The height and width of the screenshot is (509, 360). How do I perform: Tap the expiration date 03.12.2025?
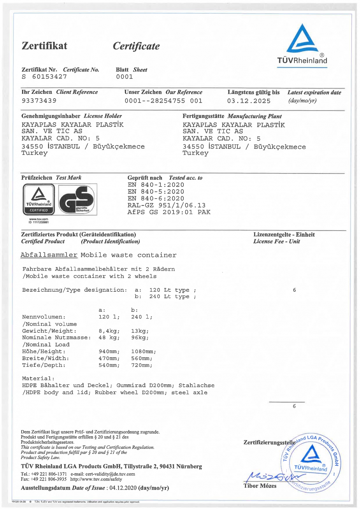click(x=249, y=101)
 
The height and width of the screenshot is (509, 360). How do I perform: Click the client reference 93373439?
click(x=39, y=101)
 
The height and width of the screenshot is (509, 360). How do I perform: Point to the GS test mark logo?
click(x=77, y=199)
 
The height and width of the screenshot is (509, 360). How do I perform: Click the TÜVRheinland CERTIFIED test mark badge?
click(x=39, y=199)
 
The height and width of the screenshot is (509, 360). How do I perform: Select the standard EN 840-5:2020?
click(x=156, y=192)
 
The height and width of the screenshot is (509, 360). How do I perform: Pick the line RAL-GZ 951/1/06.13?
click(x=166, y=205)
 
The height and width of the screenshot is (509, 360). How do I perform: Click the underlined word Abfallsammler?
click(x=49, y=255)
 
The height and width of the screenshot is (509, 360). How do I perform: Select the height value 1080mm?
click(x=143, y=352)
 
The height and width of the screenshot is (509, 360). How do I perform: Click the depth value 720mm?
click(x=142, y=365)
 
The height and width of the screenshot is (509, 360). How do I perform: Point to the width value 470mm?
click(x=109, y=358)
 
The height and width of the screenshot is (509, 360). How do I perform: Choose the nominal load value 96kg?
click(x=140, y=338)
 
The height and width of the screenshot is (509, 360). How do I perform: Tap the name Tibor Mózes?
click(x=260, y=486)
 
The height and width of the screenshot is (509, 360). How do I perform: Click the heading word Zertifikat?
click(x=44, y=46)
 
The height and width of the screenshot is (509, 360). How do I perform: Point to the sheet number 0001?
click(x=124, y=77)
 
